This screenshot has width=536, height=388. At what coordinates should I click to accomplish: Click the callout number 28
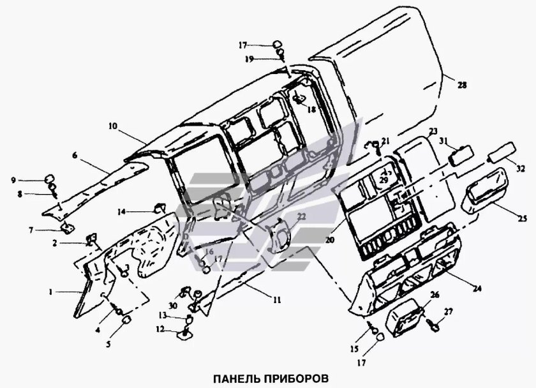coord(463,85)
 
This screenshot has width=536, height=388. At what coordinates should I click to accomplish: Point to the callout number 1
coord(50,291)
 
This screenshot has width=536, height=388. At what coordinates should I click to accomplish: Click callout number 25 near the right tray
coord(523,219)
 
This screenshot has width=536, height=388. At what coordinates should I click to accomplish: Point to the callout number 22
coord(301,218)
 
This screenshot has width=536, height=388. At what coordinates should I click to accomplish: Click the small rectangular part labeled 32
coord(501,156)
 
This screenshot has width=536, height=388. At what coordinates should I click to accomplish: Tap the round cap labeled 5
coord(126,319)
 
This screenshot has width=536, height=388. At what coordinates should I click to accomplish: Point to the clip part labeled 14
coord(160,207)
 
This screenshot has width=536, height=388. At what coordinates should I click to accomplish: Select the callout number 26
coord(435,295)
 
